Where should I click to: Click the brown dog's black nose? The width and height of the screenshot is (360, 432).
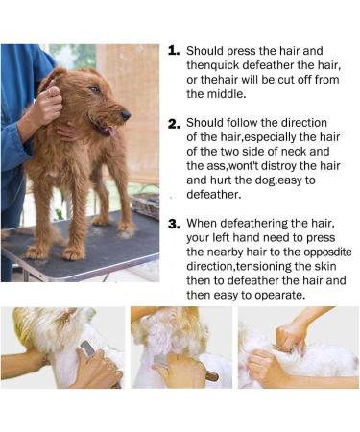[126, 115]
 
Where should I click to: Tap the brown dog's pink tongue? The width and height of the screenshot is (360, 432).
[110, 131]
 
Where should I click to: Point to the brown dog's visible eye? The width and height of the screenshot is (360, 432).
[95, 90]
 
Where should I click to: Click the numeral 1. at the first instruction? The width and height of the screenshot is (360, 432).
[175, 51]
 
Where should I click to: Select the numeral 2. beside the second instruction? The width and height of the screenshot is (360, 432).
[175, 123]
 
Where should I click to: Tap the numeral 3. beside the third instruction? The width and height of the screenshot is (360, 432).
[175, 224]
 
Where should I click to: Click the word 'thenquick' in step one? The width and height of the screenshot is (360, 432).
[213, 65]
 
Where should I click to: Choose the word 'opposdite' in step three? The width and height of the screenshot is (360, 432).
[327, 252]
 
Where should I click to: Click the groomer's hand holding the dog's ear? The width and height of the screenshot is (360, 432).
[48, 104]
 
